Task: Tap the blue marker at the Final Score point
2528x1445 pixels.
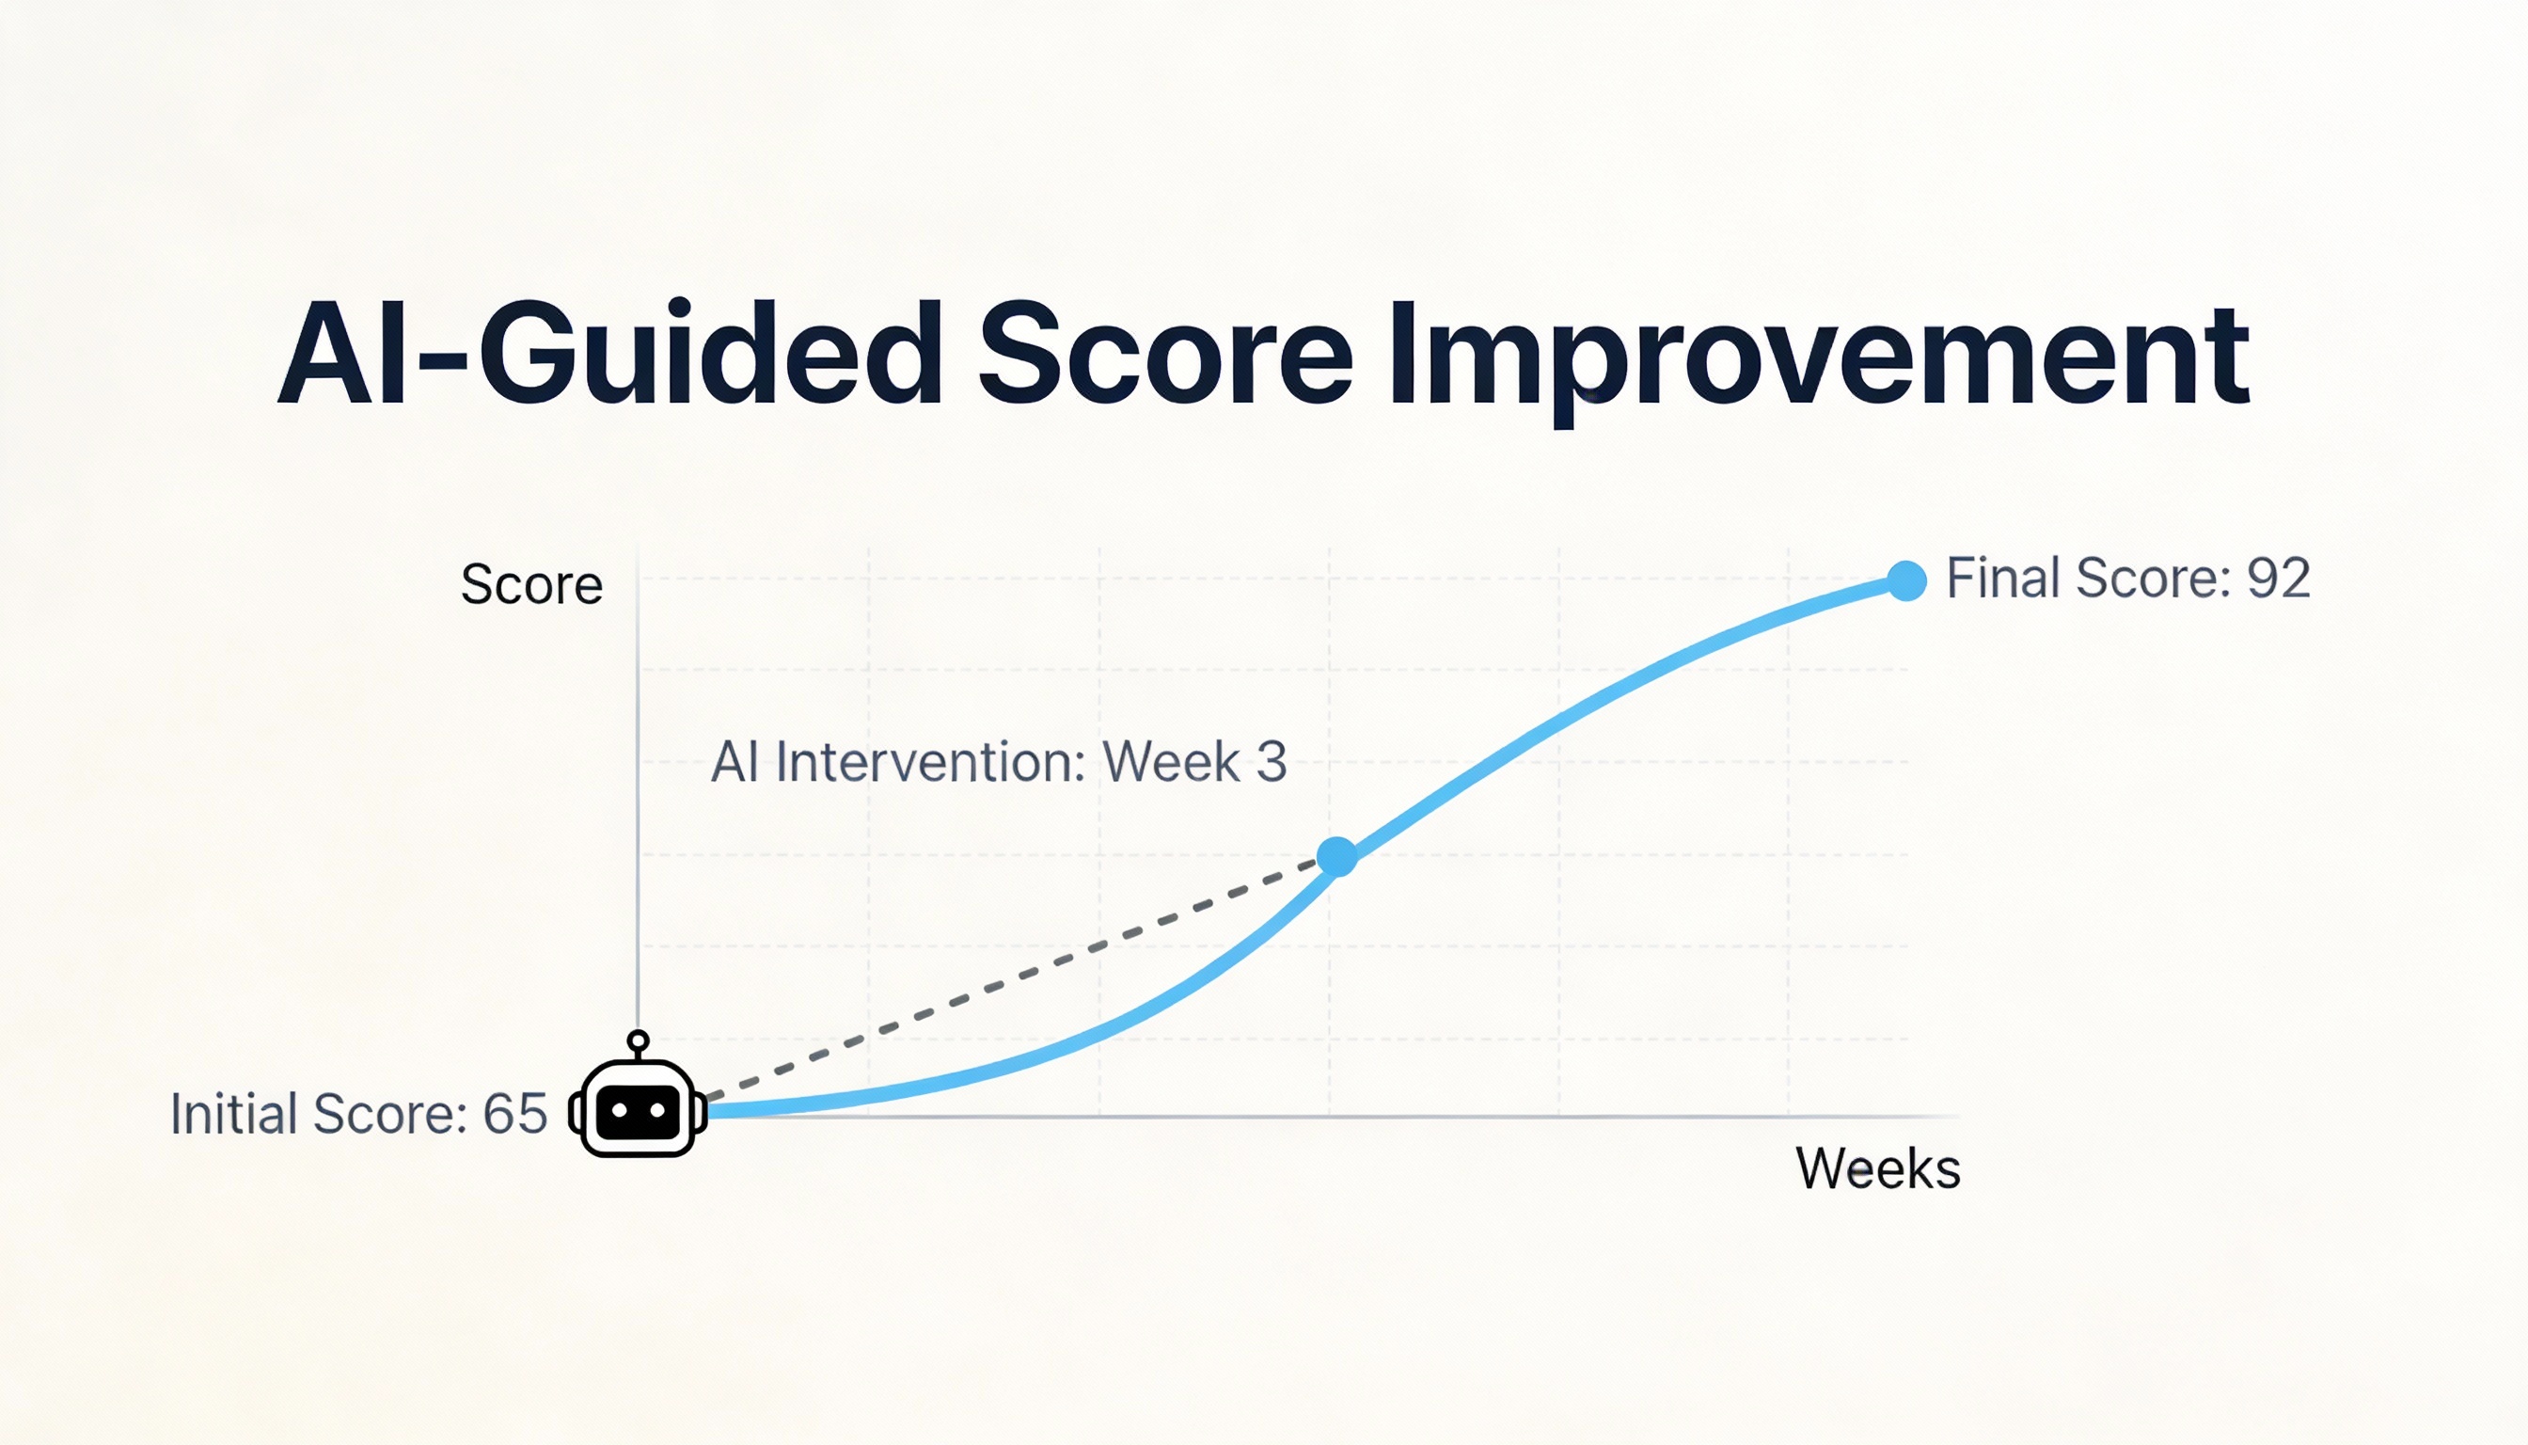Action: coord(1906,580)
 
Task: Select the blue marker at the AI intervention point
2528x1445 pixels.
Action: coord(1336,856)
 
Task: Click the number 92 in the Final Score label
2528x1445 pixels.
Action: coord(2279,579)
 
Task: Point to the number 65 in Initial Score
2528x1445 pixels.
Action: coord(515,1114)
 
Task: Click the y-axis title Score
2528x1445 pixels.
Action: coord(531,584)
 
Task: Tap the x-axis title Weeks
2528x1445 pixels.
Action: coord(1878,1168)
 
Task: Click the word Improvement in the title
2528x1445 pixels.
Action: coord(1819,357)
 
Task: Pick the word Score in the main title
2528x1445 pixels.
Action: coord(1166,356)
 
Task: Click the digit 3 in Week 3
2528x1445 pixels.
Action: coord(1271,762)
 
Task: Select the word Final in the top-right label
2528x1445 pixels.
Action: coord(2003,579)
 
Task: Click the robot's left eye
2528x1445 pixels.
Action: coord(619,1109)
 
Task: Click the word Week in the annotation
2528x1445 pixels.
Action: coord(1171,762)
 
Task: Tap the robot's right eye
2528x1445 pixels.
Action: coord(656,1109)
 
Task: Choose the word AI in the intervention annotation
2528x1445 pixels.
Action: coord(735,762)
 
